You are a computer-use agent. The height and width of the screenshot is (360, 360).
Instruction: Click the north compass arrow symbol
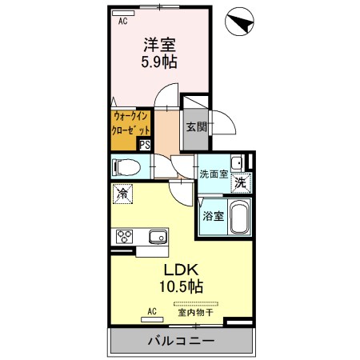[x=238, y=22]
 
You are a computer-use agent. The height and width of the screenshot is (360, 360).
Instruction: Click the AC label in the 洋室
[x=123, y=22]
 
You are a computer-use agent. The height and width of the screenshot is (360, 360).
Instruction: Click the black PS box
[x=145, y=145]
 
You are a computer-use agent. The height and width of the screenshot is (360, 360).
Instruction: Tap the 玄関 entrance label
[x=196, y=126]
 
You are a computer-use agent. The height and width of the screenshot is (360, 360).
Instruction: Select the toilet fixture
[x=127, y=168]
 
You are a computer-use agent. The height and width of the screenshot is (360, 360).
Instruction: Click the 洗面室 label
[x=214, y=173]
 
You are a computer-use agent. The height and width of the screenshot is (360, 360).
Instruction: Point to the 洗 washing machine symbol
[x=239, y=182]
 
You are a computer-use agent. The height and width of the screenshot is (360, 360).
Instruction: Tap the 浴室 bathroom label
[x=212, y=215]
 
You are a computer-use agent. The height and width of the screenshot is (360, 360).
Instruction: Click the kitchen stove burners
[x=125, y=236]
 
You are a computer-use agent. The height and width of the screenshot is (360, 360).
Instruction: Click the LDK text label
[x=182, y=270]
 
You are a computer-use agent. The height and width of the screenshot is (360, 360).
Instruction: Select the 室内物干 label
[x=195, y=313]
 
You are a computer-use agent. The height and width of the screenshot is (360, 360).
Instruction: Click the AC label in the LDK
[x=151, y=311]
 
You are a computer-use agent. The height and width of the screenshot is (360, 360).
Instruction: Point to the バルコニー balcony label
[x=180, y=342]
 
